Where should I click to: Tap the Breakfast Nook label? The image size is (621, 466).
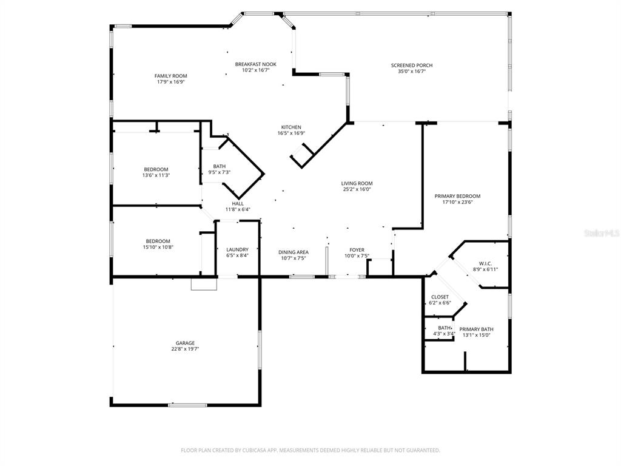[255, 64]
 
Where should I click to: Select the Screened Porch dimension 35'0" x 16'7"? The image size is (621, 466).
[412, 71]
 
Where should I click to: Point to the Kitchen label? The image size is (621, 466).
[291, 127]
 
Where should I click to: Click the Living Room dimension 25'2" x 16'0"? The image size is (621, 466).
[357, 189]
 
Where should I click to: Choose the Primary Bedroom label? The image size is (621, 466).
[457, 196]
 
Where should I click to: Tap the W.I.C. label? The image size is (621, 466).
[485, 263]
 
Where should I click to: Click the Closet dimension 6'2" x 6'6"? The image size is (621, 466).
[440, 303]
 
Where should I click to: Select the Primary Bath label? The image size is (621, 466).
[476, 329]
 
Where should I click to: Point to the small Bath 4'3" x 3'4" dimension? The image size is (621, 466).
[444, 334]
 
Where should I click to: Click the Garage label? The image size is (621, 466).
[185, 343]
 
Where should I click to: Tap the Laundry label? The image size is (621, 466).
[237, 249]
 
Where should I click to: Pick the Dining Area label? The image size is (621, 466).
[294, 252]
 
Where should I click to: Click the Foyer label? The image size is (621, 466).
[357, 249]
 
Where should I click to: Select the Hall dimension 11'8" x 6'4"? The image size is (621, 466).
[238, 209]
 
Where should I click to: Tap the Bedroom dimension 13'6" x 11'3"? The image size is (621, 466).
[156, 175]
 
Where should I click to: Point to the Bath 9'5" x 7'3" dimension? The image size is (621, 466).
[219, 172]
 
